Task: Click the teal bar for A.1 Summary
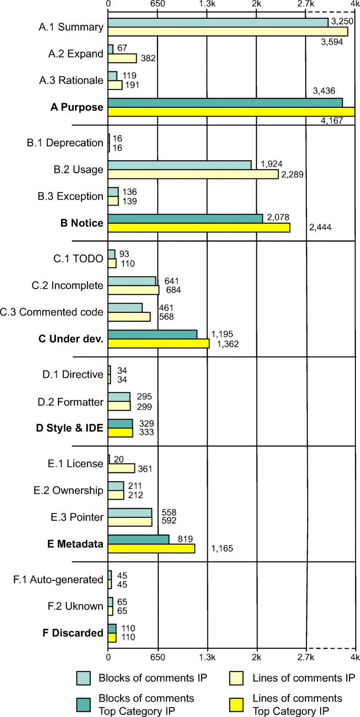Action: coord(218,22)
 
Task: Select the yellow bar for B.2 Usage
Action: coord(193,174)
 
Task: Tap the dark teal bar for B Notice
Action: coord(185,218)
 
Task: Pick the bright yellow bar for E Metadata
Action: coord(151,548)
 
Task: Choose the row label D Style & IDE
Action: coord(69,428)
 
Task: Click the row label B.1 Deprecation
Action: coord(65,143)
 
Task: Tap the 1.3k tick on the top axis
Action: coord(207,4)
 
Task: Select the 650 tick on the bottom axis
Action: coord(158,656)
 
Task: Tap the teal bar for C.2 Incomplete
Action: coord(132,281)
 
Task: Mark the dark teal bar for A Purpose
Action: coord(225,103)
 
